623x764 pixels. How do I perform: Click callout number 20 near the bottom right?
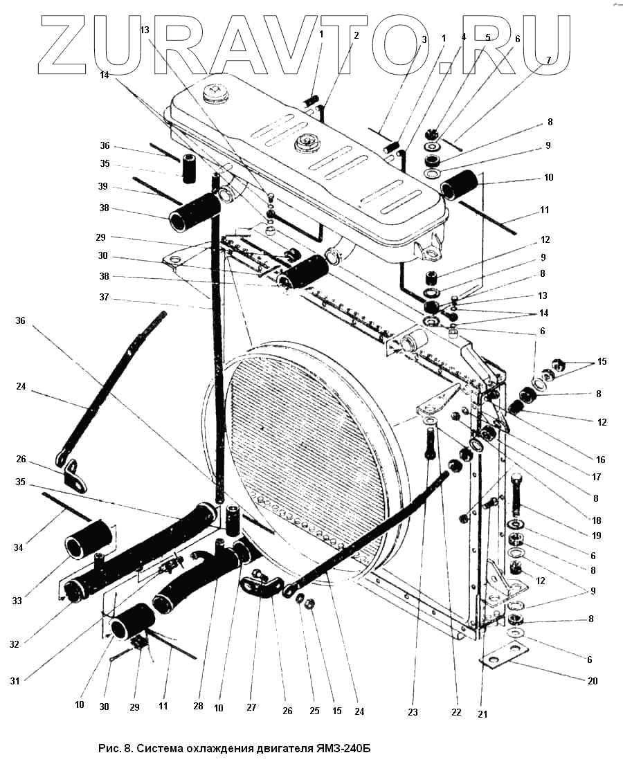[593, 681]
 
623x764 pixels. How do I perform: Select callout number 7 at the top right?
[548, 60]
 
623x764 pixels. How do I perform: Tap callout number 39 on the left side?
[102, 187]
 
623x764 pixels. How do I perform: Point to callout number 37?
[103, 297]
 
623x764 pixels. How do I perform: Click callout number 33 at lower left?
[17, 601]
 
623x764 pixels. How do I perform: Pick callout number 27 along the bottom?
[251, 707]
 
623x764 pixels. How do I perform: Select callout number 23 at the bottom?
[413, 712]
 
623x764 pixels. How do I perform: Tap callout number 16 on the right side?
[600, 460]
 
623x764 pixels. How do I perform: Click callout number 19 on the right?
[596, 536]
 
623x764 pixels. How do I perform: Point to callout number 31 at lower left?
[15, 681]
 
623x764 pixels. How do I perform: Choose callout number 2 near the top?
[356, 35]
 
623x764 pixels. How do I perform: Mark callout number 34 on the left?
[18, 547]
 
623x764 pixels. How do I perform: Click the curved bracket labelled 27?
[261, 585]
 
